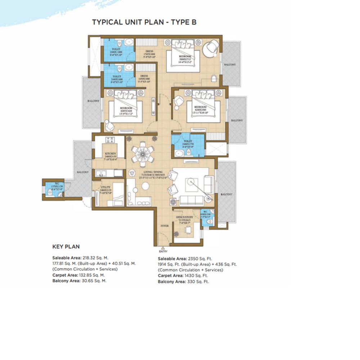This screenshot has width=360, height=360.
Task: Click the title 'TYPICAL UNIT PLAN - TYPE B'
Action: point(144,22)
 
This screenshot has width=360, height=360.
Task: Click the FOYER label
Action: point(164,226)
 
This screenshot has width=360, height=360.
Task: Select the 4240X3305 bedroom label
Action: point(200,109)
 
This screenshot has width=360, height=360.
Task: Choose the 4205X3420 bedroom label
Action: point(126,111)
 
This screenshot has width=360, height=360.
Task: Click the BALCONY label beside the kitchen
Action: point(82,172)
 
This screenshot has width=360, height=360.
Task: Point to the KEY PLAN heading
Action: point(66,247)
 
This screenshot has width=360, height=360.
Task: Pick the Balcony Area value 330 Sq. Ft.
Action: point(198,282)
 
